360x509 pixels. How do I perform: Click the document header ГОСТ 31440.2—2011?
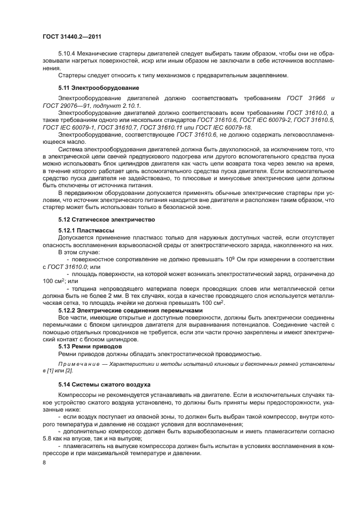[72, 36]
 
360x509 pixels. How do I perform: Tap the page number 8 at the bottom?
[44, 462]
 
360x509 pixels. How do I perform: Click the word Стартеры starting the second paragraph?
[74, 75]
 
